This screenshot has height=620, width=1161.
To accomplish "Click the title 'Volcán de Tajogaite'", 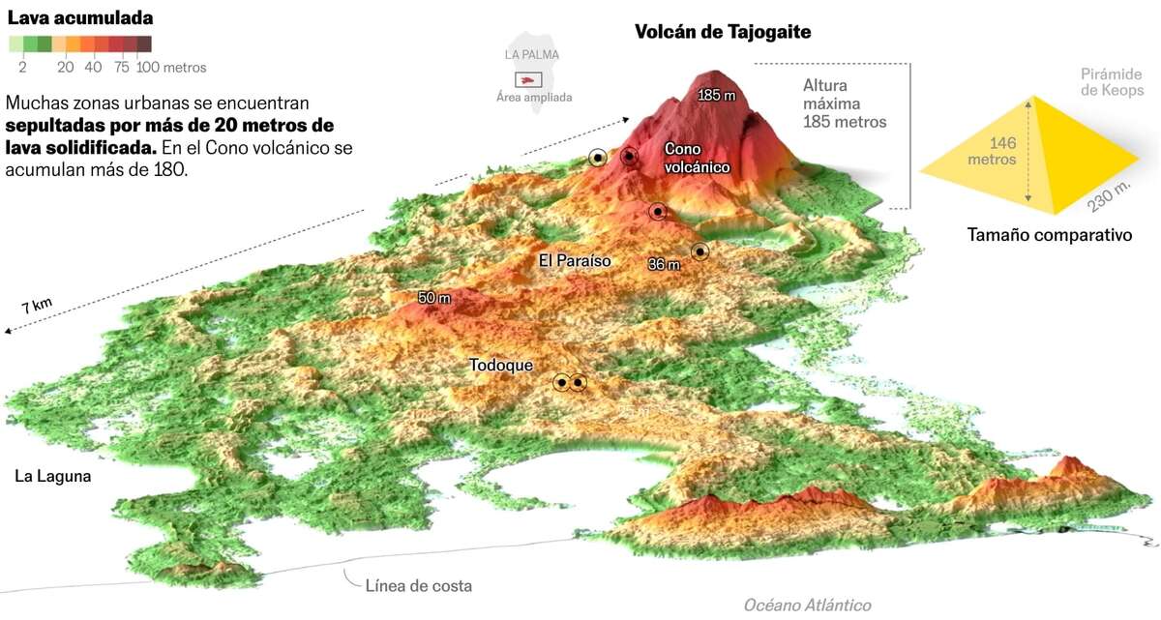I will pyautogui.click(x=722, y=32).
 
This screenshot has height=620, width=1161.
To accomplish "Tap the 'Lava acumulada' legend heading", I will pyautogui.click(x=79, y=17).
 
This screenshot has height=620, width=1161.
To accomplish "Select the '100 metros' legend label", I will pyautogui.click(x=171, y=68).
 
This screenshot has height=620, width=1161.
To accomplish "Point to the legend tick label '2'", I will pyautogui.click(x=21, y=68).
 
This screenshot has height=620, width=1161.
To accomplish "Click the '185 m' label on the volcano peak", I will pyautogui.click(x=717, y=96).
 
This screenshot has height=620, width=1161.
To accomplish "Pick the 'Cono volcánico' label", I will pyautogui.click(x=697, y=158).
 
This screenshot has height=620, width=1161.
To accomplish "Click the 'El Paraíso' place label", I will pyautogui.click(x=575, y=261).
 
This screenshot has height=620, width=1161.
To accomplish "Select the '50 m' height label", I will pyautogui.click(x=434, y=298).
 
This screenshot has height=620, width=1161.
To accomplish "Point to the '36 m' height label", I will pyautogui.click(x=664, y=264).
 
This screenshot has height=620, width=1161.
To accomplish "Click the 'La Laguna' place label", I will pyautogui.click(x=52, y=476).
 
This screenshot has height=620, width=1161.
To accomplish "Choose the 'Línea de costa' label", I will pyautogui.click(x=419, y=585).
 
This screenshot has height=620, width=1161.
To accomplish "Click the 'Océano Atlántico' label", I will pyautogui.click(x=807, y=605).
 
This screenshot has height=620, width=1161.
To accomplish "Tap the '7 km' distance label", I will pyautogui.click(x=37, y=308).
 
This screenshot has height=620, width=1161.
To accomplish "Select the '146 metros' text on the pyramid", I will pyautogui.click(x=990, y=151).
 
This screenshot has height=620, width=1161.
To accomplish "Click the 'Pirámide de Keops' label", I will pyautogui.click(x=1112, y=81).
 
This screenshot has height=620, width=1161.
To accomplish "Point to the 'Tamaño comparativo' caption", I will pyautogui.click(x=1050, y=235).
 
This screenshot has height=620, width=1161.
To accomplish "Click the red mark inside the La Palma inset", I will pyautogui.click(x=529, y=80).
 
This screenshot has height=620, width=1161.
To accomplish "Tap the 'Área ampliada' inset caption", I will pyautogui.click(x=533, y=97).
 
